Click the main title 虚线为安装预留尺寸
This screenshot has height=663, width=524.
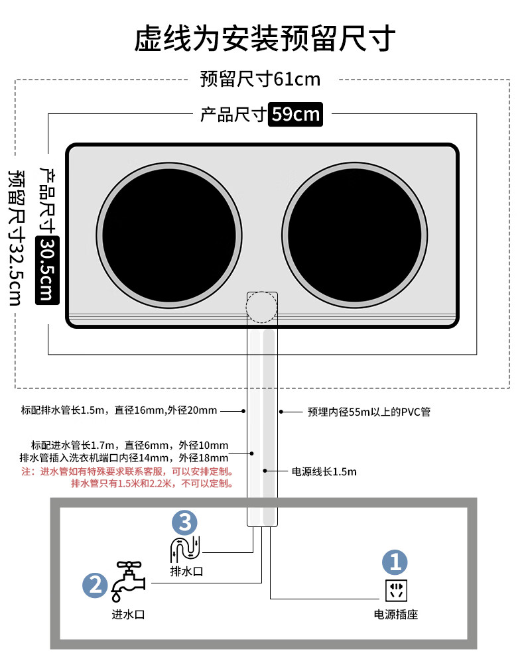(x=265, y=38)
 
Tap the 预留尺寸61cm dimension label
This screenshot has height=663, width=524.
(x=260, y=80)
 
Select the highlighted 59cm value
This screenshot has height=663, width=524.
(x=296, y=115)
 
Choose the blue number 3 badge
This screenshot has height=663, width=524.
(x=184, y=522)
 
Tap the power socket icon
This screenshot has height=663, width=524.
(x=396, y=590)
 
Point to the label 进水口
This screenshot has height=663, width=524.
(x=128, y=614)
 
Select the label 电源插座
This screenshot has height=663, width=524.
(x=396, y=615)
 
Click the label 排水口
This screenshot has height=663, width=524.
(x=186, y=571)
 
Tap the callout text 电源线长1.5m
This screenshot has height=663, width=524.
(x=324, y=472)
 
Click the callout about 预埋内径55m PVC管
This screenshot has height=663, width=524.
(x=369, y=412)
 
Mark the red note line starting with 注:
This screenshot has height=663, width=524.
(x=127, y=471)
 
